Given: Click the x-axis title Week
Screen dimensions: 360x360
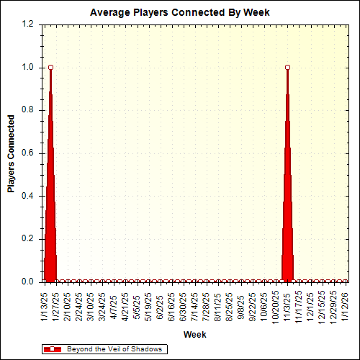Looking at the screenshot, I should click(x=195, y=335).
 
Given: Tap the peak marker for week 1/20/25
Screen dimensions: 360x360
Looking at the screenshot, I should click(x=50, y=67).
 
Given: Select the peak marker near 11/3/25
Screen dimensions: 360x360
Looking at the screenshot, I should click(x=288, y=67).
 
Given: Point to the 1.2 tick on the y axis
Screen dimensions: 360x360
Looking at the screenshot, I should click(x=29, y=24).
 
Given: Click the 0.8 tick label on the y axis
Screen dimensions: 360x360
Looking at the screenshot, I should click(x=29, y=110).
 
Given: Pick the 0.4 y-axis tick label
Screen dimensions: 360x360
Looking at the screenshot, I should click(x=29, y=196).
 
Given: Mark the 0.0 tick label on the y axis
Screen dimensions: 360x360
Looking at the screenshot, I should click(x=29, y=282).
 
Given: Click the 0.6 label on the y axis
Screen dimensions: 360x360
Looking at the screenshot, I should click(x=29, y=153).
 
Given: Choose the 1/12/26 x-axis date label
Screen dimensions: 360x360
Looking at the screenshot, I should click(x=345, y=305).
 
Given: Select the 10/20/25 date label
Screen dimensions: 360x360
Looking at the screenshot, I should click(x=276, y=306).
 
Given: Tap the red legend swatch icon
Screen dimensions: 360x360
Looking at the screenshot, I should click(x=53, y=349).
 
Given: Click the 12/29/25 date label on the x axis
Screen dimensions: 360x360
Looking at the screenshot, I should click(x=333, y=306).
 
